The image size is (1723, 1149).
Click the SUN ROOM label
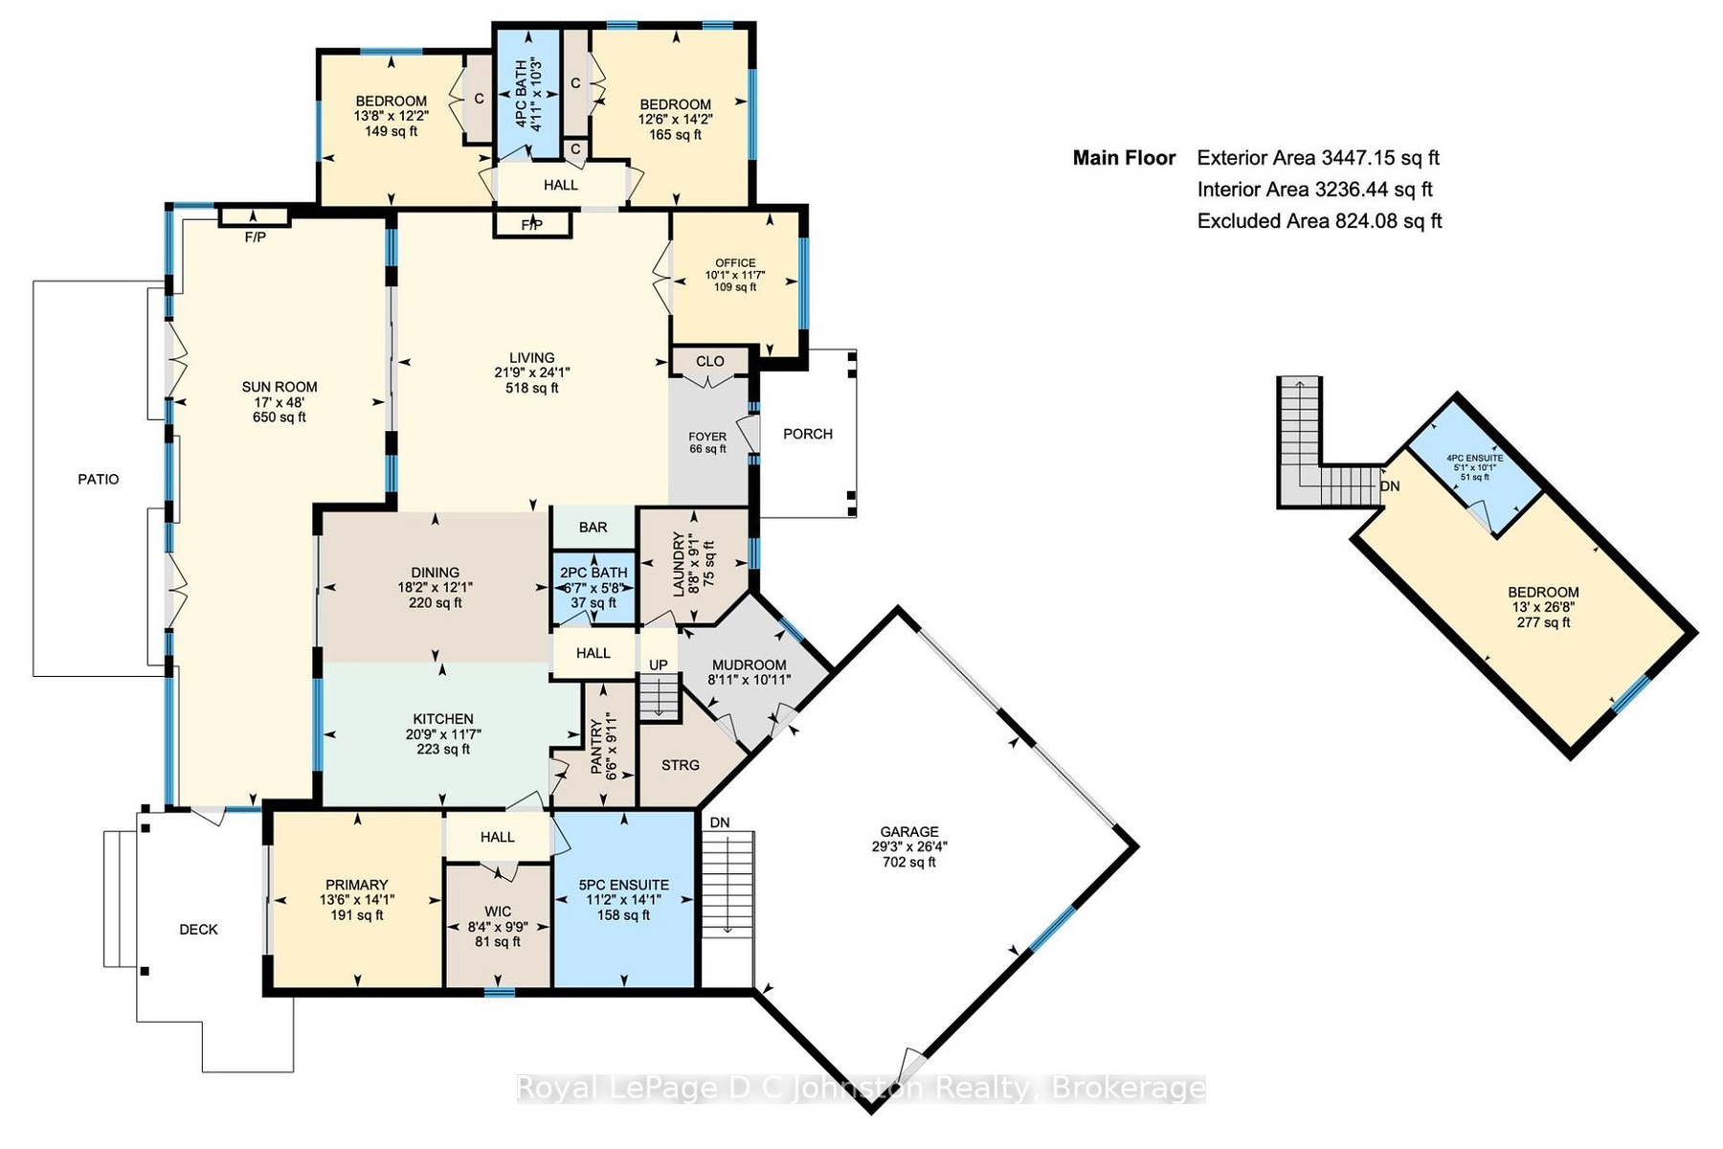coord(280,388)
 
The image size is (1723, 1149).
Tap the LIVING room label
coord(532,358)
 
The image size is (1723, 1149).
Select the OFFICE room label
coord(735,263)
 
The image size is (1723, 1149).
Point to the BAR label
coord(593,528)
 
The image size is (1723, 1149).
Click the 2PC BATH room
coord(594,588)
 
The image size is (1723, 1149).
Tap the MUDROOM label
coord(749,665)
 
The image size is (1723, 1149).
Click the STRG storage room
coord(681,765)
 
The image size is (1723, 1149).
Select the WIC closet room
coord(498,926)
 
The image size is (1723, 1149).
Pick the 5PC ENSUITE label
coord(624,886)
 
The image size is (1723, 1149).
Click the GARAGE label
coord(909,832)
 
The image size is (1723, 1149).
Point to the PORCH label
coord(808,434)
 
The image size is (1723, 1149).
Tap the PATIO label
coord(99,480)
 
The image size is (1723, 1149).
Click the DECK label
coord(199,930)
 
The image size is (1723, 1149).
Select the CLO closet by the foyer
coord(710,362)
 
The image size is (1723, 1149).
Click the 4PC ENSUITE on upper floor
coord(1474,459)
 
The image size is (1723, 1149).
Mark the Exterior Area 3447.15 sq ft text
coord(1318,158)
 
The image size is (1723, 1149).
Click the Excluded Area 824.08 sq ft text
coord(1320,221)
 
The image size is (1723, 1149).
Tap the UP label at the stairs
coord(659,665)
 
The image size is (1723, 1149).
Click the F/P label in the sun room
coord(256,237)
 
